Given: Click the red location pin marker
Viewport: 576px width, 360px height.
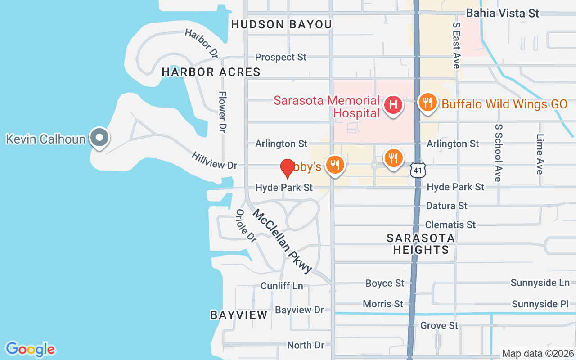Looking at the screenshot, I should pos(287,168).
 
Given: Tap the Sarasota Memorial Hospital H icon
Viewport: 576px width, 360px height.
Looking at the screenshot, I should pos(393,105).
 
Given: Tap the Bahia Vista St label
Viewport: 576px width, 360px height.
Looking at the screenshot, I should pos(502,13).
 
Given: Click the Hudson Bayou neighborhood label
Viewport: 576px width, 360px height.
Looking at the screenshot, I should pos(281,24).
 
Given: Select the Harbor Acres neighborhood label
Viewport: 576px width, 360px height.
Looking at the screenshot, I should pos(211,72).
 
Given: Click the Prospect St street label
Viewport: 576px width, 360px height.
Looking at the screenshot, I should pos(280,57).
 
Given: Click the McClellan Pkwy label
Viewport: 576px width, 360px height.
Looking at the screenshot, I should pos(283,241).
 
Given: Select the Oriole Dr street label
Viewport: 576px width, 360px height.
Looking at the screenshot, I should pos(246,226).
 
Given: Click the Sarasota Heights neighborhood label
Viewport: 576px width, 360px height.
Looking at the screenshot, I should pos(421,243).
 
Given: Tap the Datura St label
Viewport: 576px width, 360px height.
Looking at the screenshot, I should pos(446,206).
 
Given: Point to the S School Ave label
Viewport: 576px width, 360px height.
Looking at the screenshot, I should pos(498,153).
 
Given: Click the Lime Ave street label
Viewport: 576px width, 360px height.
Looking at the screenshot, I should pos(540,154).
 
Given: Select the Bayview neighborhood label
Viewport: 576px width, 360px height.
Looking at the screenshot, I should pos(239,315).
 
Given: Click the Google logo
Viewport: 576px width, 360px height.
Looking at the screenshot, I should pos(31,349).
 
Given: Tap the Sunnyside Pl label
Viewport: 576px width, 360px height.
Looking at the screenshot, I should pos(540,304).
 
